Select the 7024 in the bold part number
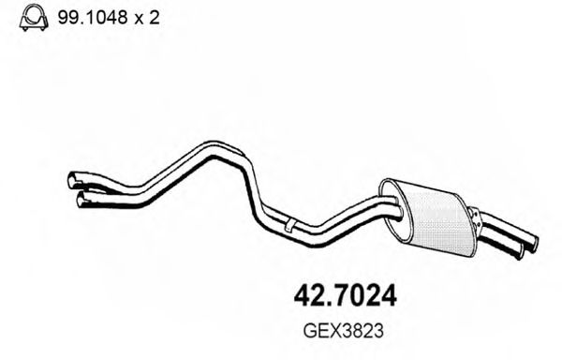[366, 297]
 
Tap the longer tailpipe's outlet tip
[533, 243]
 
